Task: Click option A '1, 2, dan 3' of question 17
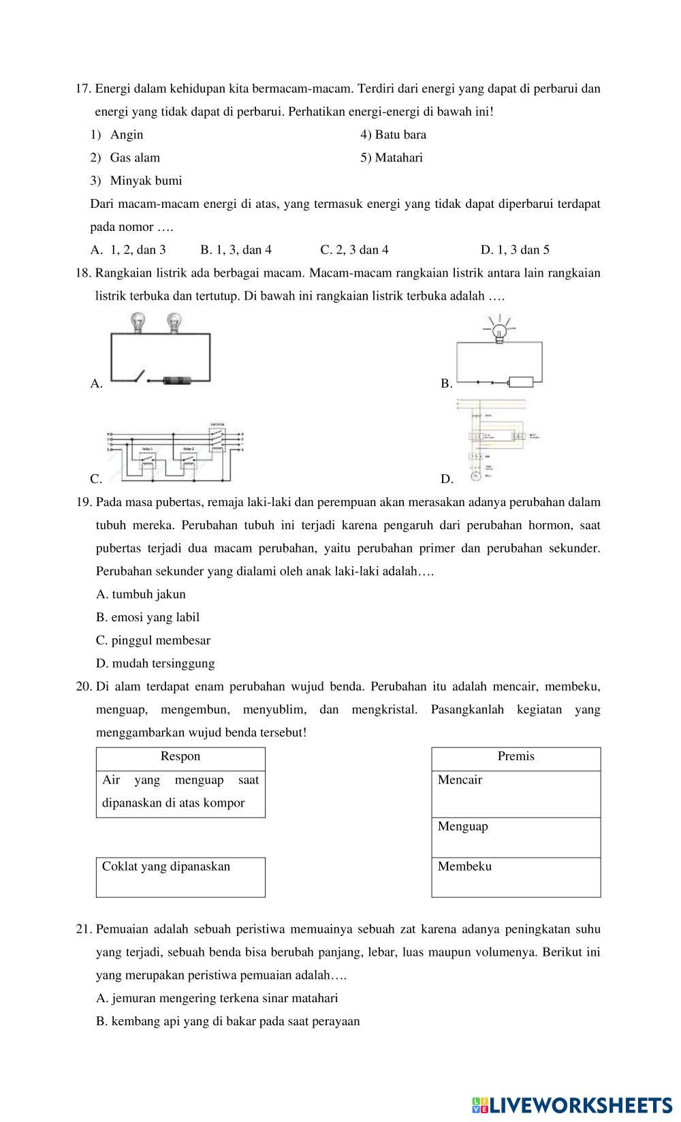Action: click(x=129, y=250)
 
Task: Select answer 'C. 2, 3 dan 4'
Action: click(x=354, y=250)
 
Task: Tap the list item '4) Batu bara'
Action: click(x=394, y=135)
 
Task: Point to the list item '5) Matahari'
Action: click(x=392, y=158)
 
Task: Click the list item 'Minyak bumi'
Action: click(x=146, y=181)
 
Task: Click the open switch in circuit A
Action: click(x=140, y=375)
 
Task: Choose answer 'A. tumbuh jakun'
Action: click(x=141, y=595)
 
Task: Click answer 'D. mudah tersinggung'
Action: click(x=155, y=664)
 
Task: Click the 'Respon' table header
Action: click(x=180, y=757)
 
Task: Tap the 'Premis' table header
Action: click(x=516, y=757)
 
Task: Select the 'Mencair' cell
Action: click(x=516, y=793)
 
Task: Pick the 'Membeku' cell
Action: click(x=516, y=877)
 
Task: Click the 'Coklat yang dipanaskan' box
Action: click(x=180, y=877)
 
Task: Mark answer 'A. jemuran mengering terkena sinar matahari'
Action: click(x=217, y=999)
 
